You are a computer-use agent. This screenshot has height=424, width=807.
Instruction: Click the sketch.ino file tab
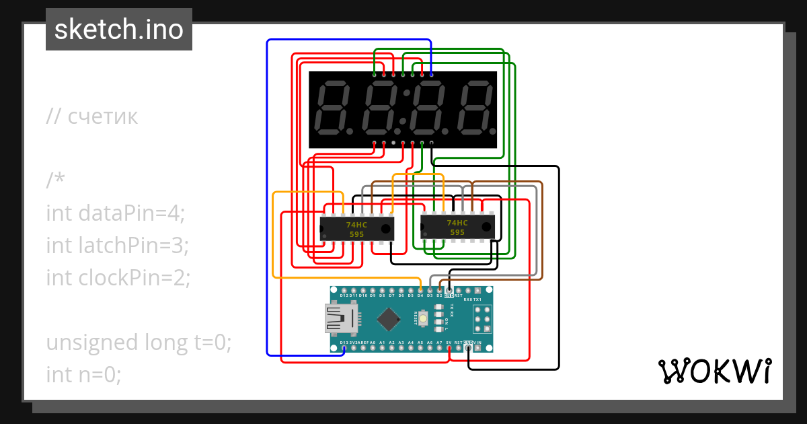[118, 30]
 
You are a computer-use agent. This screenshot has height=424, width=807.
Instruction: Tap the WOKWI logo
[714, 372]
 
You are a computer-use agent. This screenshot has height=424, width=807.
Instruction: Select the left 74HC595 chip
[356, 229]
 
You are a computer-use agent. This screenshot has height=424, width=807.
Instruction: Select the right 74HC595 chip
[457, 227]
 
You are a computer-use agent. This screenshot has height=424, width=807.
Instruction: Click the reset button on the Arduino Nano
[424, 319]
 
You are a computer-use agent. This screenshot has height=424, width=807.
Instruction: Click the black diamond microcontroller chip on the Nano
[389, 318]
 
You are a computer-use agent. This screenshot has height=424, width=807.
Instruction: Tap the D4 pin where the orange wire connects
[420, 291]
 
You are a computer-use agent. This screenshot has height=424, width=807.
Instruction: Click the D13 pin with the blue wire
[344, 347]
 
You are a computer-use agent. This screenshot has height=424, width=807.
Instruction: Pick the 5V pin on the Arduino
[449, 347]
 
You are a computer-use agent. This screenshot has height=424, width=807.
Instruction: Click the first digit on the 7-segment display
[332, 108]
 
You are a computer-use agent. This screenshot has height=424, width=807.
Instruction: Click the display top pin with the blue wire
[431, 74]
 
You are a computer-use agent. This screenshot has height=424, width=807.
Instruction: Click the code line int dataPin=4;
[115, 213]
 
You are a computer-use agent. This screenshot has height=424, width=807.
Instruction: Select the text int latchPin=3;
[117, 245]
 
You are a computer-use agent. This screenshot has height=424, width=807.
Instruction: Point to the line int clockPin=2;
[118, 277]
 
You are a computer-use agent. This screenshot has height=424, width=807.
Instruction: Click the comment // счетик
[92, 116]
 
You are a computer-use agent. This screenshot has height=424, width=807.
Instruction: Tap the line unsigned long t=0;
[139, 342]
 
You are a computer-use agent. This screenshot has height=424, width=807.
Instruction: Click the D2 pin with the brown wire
[439, 291]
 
